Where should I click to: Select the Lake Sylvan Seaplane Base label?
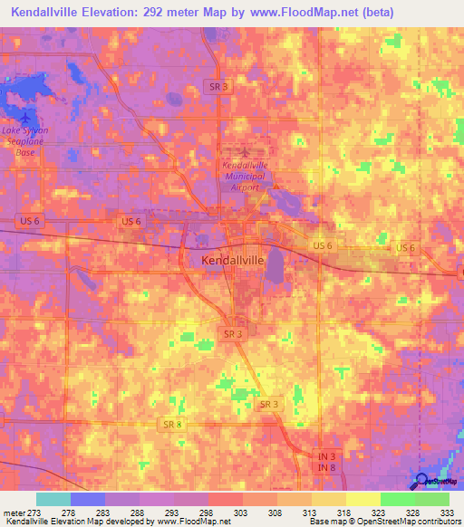(24, 140)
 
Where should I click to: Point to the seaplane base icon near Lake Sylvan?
(24, 118)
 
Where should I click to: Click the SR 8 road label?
(173, 424)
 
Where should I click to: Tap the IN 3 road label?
(325, 458)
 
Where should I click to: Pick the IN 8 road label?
(325, 470)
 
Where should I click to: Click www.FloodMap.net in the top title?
(291, 13)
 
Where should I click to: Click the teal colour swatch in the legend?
(53, 499)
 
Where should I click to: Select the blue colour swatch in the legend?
(87, 499)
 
